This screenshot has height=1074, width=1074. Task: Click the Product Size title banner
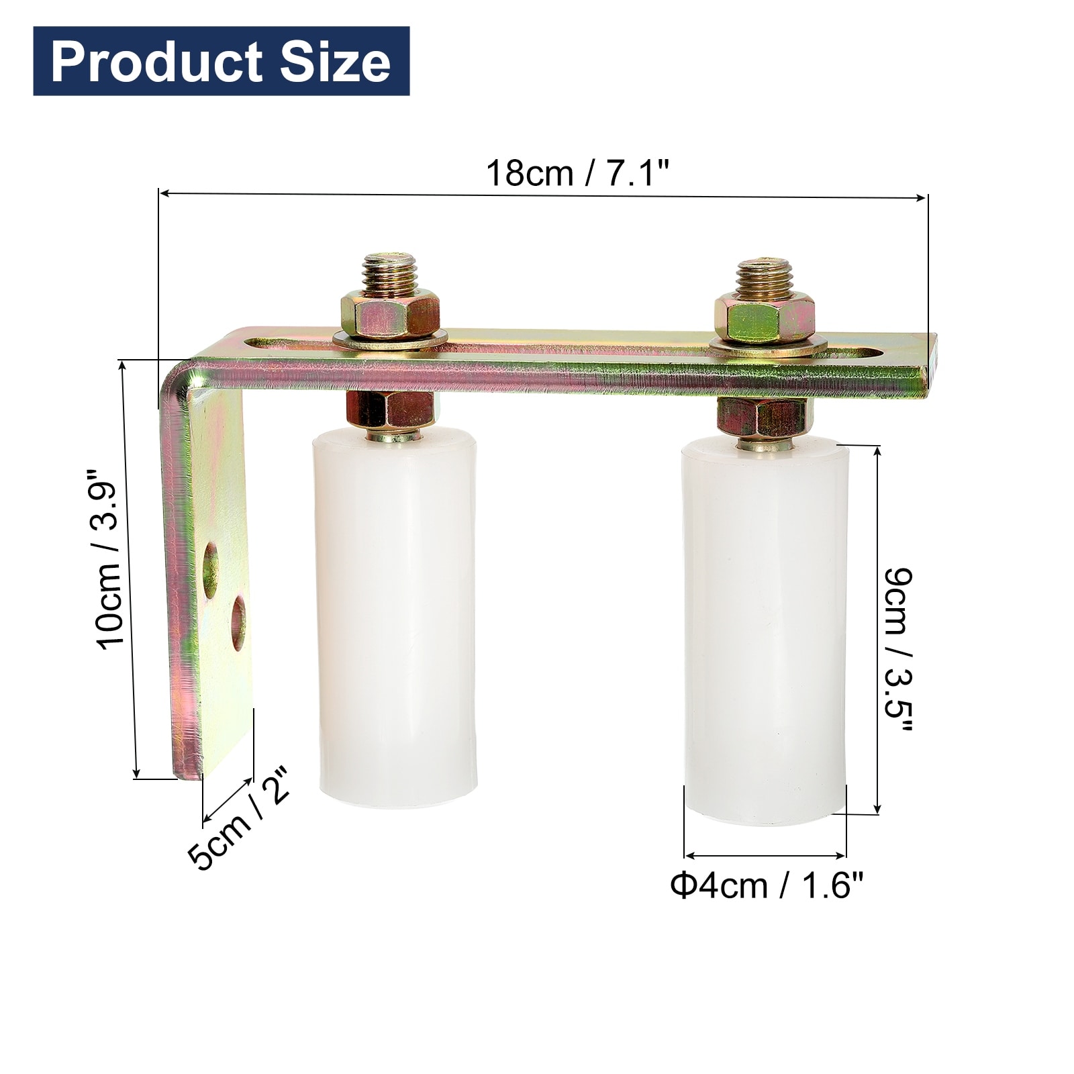tap(221, 61)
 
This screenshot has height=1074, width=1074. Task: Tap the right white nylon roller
tap(765, 632)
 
